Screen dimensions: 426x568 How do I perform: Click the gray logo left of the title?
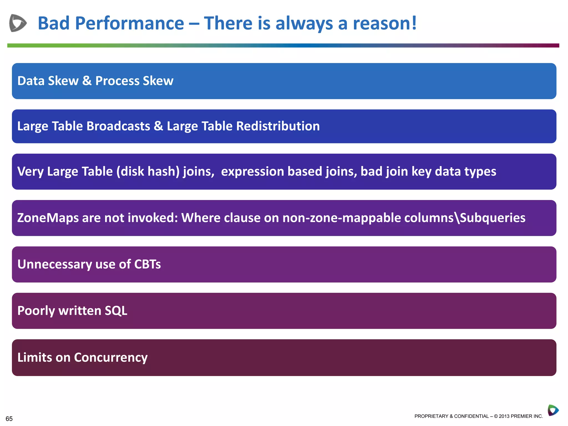tap(18, 23)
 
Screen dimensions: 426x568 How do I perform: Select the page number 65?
tap(9, 419)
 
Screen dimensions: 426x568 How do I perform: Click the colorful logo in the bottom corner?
tap(553, 410)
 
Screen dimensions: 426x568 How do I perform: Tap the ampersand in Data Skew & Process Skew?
tap(87, 81)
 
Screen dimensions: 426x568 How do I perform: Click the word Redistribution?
tap(278, 126)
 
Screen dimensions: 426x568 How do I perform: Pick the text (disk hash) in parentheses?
tap(148, 171)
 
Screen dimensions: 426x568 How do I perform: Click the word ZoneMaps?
tap(48, 218)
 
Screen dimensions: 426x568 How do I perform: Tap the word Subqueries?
tap(493, 218)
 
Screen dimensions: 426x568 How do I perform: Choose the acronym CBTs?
tap(147, 264)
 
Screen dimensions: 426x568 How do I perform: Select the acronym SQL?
tap(116, 311)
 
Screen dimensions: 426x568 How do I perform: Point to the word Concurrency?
tap(111, 357)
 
